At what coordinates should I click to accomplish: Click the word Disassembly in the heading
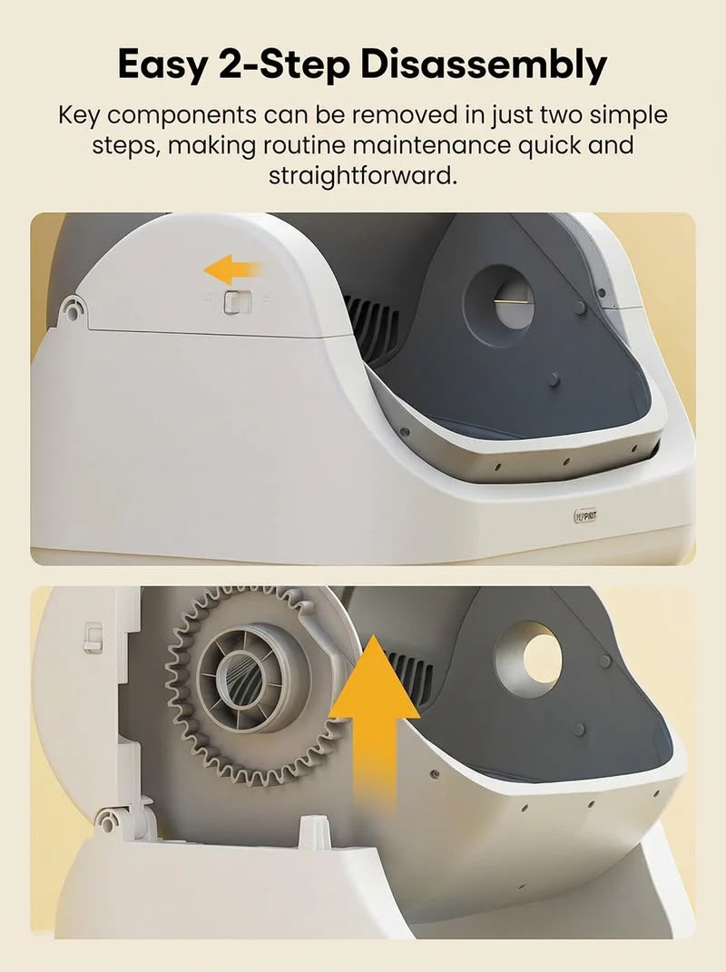pos(484,65)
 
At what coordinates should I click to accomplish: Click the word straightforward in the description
pos(363,176)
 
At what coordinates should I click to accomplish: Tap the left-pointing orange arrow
pos(232,270)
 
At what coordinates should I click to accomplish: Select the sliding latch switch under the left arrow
pos(236,302)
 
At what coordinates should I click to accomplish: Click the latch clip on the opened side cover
pos(93,636)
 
